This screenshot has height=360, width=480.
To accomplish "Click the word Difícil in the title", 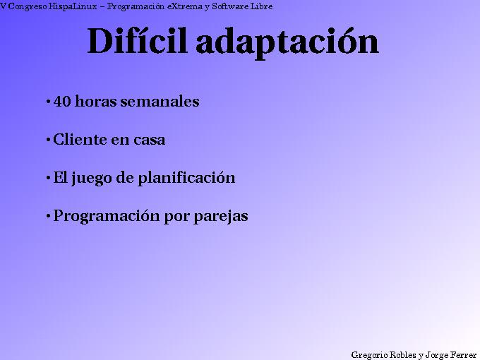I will click(x=138, y=42).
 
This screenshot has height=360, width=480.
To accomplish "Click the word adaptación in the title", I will click(x=287, y=43).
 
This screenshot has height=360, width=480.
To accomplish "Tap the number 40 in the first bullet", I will click(x=62, y=102).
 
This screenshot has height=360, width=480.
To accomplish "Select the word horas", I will click(x=96, y=102).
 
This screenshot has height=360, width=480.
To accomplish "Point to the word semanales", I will click(x=160, y=102).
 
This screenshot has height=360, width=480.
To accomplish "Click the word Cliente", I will click(x=79, y=140).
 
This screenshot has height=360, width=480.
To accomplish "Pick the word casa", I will click(x=149, y=140).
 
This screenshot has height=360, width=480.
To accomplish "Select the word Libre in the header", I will click(x=261, y=6).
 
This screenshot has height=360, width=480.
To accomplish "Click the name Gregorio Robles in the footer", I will click(x=383, y=354).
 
